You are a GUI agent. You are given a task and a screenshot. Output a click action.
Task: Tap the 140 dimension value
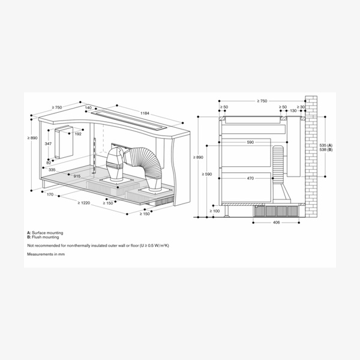pos(88,108)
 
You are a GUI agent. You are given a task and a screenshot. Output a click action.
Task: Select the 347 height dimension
pos(48,145)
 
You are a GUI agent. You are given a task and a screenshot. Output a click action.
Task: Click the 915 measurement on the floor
pos(78,176)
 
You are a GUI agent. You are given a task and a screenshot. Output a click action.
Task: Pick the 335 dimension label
pos(52,170)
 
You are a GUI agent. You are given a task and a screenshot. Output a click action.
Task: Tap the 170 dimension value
pos(49,195)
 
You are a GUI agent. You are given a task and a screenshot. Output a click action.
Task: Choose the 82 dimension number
pos(48,163)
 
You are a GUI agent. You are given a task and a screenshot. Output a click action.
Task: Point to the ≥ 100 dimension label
pos(214,211)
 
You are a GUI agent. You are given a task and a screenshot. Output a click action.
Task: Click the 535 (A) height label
pos(326,146)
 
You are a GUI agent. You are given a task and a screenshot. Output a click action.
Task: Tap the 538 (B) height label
pos(326,151)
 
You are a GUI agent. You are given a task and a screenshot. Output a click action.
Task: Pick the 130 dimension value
pos(292,111)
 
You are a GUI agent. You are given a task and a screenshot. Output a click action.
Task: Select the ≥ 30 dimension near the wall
pos(302,107)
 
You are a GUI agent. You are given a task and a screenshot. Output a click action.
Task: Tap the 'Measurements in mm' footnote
pos(46,254)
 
